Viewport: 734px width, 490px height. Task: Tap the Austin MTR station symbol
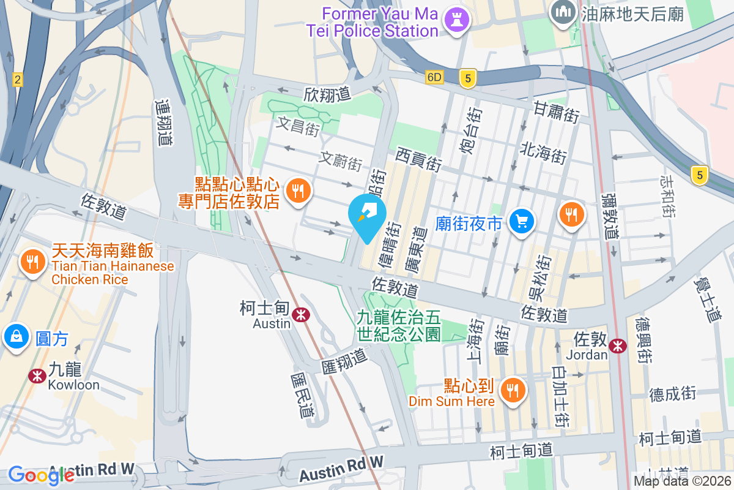[300, 315]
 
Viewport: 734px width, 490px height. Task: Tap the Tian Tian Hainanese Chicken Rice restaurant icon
[32, 262]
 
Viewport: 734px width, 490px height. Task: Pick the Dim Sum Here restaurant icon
[512, 390]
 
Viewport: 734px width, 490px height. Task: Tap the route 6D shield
[434, 78]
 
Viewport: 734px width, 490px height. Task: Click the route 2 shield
[17, 79]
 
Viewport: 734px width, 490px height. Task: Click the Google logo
[40, 475]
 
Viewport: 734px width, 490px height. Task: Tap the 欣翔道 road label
[327, 94]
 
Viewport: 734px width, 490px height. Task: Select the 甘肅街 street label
[556, 113]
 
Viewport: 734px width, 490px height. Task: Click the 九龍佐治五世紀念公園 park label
[399, 325]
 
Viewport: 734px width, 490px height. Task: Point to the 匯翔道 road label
[344, 361]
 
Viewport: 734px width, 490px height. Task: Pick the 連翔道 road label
[163, 123]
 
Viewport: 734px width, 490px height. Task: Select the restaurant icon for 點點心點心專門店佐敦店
[298, 191]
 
